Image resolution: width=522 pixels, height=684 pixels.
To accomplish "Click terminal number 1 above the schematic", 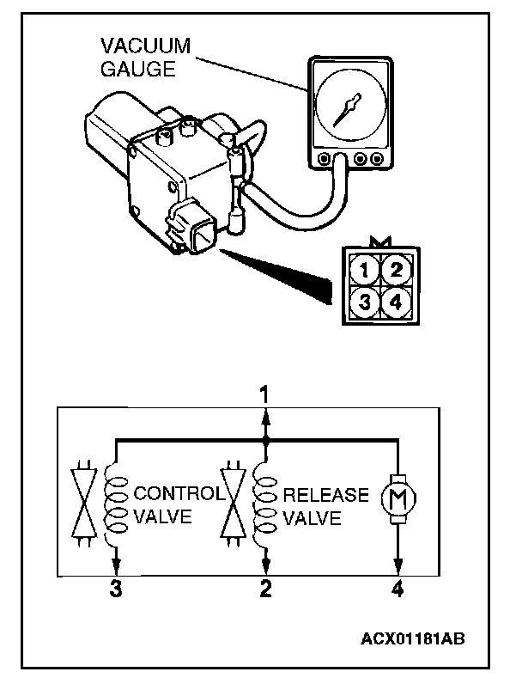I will [x=265, y=395].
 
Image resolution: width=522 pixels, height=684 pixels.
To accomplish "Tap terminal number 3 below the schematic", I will [x=115, y=589].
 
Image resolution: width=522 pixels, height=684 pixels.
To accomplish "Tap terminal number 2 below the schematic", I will [x=265, y=589].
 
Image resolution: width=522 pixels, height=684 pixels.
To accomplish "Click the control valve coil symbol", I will [x=115, y=507].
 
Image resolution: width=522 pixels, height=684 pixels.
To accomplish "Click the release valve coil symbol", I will [x=265, y=507].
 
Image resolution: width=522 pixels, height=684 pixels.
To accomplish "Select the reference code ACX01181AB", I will [x=413, y=639].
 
